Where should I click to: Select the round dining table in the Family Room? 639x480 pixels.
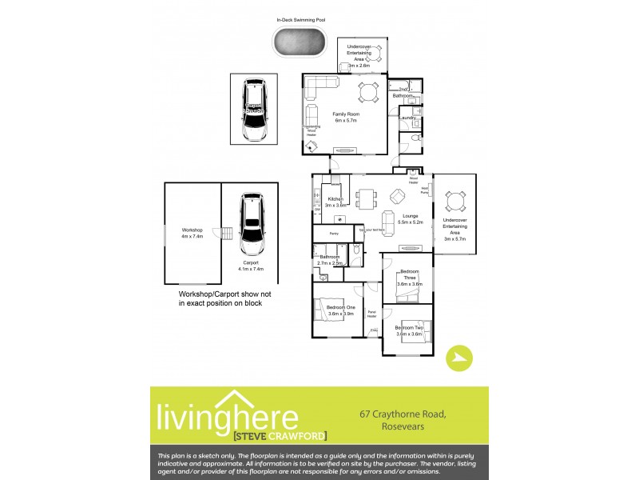tap(368, 91)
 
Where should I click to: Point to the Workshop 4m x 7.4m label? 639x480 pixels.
tap(192, 234)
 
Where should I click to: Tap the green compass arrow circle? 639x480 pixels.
tap(458, 358)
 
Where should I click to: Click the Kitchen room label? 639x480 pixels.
tap(335, 201)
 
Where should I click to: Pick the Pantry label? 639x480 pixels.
tap(334, 233)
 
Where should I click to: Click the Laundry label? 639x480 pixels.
tap(405, 118)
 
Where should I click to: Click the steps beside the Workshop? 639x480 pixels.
tap(226, 234)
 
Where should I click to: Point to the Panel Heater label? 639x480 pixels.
tap(371, 314)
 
